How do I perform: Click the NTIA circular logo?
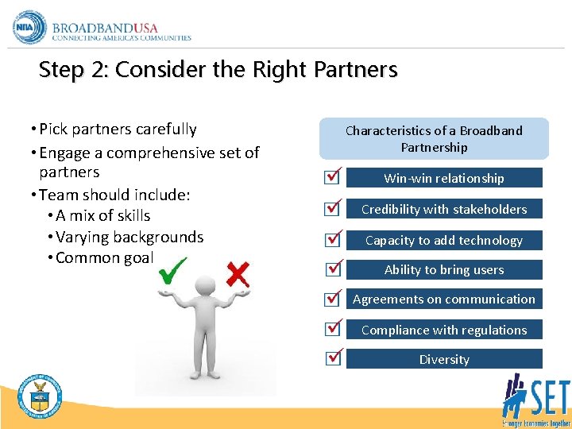[x=30, y=27]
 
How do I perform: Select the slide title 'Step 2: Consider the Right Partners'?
[x=218, y=70]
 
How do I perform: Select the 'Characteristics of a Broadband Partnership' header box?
[x=434, y=139]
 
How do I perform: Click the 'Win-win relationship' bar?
[x=444, y=178]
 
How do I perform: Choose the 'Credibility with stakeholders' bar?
[x=444, y=209]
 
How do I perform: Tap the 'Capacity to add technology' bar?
[x=444, y=240]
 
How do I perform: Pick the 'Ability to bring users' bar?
[x=444, y=269]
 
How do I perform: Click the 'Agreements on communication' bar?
[x=444, y=300]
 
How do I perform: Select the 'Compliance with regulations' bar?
[x=444, y=330]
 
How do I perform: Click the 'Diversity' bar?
[x=444, y=359]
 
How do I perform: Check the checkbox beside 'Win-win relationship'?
[x=333, y=178]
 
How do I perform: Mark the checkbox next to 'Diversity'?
[x=333, y=358]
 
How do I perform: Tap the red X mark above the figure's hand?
[x=237, y=275]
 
